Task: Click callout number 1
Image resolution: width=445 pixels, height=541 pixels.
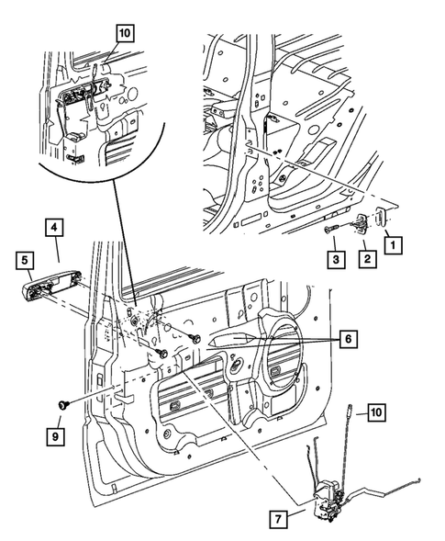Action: pyautogui.click(x=394, y=246)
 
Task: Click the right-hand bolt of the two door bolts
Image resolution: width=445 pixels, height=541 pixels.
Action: pyautogui.click(x=196, y=340)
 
